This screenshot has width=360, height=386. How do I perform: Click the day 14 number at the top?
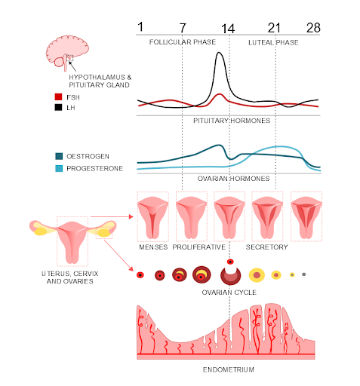pyautogui.click(x=229, y=29)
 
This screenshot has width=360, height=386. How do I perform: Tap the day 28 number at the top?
pyautogui.click(x=313, y=28)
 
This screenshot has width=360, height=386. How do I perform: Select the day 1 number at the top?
pyautogui.click(x=140, y=28)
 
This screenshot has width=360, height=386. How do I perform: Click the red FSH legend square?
pyautogui.click(x=59, y=96)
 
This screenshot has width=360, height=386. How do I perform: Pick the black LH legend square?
pyautogui.click(x=59, y=108)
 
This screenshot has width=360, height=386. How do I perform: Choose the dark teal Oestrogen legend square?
pyautogui.click(x=59, y=156)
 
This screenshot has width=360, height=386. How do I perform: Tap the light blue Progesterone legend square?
pyautogui.click(x=59, y=167)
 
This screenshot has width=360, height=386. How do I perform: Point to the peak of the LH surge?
pyautogui.click(x=220, y=53)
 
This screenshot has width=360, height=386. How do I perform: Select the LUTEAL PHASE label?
pyautogui.click(x=273, y=42)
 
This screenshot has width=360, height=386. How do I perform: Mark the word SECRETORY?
pyautogui.click(x=268, y=247)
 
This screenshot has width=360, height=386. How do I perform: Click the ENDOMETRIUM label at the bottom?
pyautogui.click(x=228, y=370)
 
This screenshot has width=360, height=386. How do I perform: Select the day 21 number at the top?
pyautogui.click(x=275, y=28)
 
